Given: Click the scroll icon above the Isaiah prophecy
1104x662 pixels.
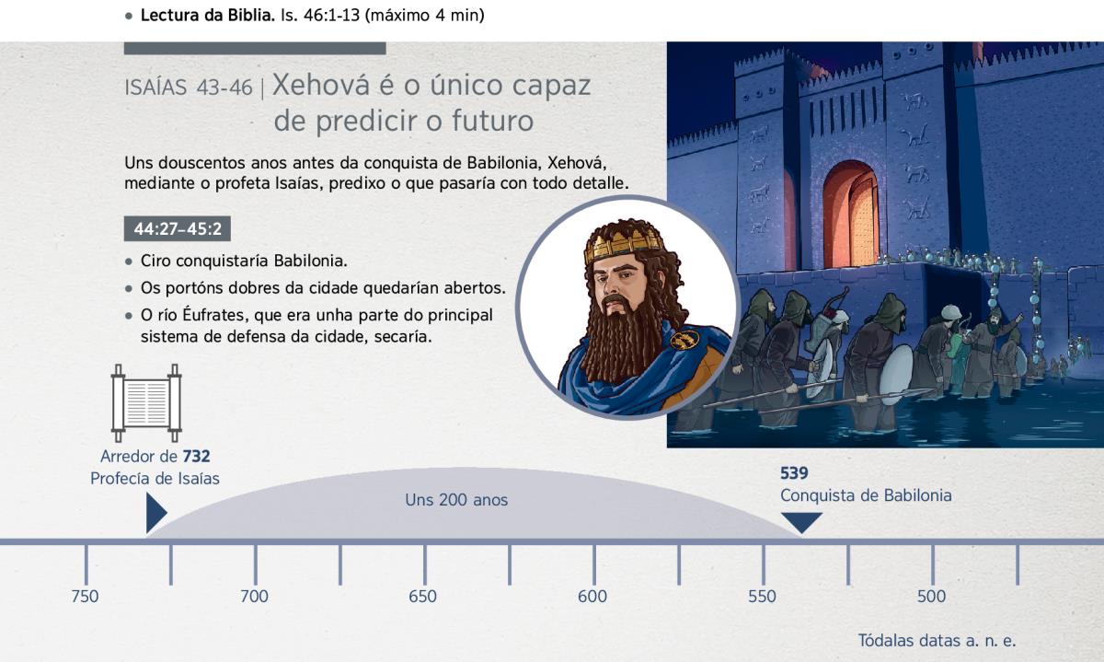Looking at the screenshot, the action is (x=146, y=403).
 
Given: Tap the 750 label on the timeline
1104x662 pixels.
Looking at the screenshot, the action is (x=85, y=597).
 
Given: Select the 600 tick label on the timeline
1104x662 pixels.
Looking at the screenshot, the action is (x=592, y=597).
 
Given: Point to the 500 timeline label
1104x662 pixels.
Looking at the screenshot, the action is (x=931, y=597).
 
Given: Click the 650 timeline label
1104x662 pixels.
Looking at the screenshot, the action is (x=423, y=597).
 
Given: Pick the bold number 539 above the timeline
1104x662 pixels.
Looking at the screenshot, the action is (x=794, y=473).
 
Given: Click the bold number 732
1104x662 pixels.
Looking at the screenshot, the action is (x=196, y=457).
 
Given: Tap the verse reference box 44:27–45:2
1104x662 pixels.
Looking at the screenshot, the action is (x=178, y=228).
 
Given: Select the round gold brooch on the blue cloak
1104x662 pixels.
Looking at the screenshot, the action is (x=684, y=340).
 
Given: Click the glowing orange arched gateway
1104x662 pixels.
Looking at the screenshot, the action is (x=851, y=215).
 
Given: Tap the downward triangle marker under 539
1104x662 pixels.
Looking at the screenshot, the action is (x=802, y=520).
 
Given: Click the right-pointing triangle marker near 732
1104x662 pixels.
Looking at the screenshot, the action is (x=155, y=513).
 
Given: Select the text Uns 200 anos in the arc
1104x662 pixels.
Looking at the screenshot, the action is (x=456, y=500).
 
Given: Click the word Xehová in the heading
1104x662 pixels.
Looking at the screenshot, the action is (x=321, y=85).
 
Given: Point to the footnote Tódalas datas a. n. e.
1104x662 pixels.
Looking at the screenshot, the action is (x=937, y=640).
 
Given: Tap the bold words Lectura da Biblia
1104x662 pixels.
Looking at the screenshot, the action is (x=208, y=16).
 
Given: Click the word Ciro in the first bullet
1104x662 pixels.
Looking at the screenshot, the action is (x=155, y=261).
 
